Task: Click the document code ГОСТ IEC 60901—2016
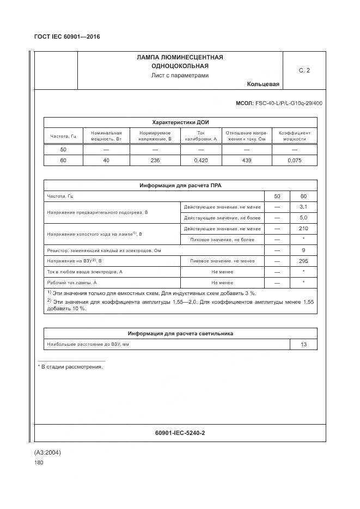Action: coord(67,36)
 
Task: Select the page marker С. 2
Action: coord(304,70)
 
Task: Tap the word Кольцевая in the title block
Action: coord(263,84)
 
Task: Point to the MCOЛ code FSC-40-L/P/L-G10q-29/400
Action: coord(279,103)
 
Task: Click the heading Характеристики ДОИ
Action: coord(180,122)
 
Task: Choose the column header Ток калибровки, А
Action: coord(200,136)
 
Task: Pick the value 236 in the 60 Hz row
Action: coord(155,160)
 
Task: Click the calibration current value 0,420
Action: coord(200,160)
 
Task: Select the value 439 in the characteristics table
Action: coord(246,160)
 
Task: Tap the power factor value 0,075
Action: coord(294,160)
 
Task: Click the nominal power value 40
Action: coord(106,160)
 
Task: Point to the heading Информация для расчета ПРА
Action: coord(180,186)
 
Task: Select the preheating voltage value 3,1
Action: coord(303,207)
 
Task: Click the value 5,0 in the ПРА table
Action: coord(303,218)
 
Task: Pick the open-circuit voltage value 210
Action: coord(303,229)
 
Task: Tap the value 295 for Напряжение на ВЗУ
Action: coord(303,261)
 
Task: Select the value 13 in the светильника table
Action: coord(303,345)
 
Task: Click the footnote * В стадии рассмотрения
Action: coord(70,367)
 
